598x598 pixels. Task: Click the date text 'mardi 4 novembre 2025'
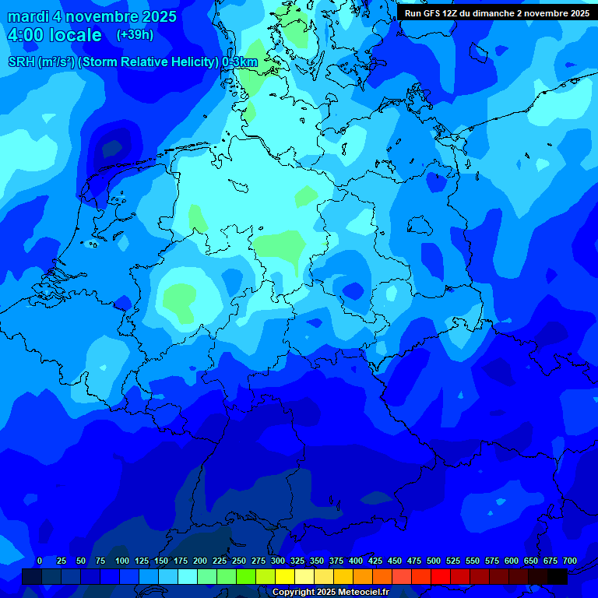click(92, 16)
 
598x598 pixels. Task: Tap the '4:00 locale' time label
click(55, 35)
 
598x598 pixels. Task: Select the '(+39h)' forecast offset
click(135, 35)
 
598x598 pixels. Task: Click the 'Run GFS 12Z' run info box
click(496, 12)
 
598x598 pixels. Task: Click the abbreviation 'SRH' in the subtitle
click(22, 62)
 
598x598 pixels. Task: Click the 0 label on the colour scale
click(40, 561)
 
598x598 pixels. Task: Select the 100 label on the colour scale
click(122, 561)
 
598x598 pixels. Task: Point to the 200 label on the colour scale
click(200, 561)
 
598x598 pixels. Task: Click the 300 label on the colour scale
click(278, 561)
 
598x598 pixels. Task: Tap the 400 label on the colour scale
click(356, 561)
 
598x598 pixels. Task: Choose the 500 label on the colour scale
click(434, 561)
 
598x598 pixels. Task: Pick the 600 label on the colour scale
click(512, 561)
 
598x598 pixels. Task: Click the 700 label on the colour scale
click(569, 561)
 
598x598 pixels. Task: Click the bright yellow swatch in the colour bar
click(285, 576)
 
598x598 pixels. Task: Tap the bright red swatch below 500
click(441, 576)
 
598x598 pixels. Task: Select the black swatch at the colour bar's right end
click(558, 576)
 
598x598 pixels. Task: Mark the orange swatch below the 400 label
click(363, 576)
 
